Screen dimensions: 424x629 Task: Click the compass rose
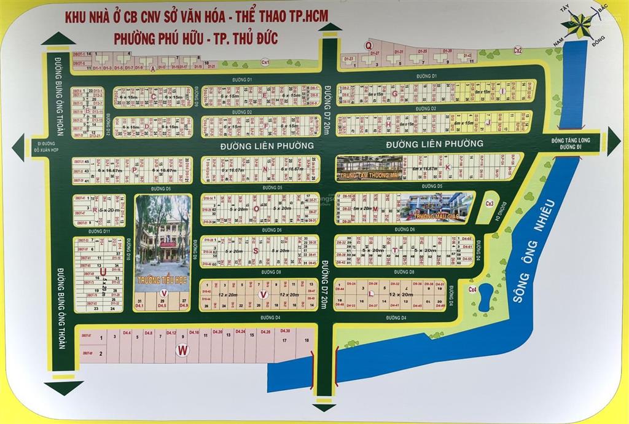point(579,25)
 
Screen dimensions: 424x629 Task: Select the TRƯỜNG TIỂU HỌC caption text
point(162,278)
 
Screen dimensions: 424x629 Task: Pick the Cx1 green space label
point(265,62)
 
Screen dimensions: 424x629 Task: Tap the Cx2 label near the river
point(518,51)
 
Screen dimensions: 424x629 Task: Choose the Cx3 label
point(490,203)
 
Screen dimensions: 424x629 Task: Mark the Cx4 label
point(472,289)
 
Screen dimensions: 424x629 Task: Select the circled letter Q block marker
point(369,45)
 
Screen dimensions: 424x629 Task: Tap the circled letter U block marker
point(103,271)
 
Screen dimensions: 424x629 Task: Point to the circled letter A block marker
point(152,69)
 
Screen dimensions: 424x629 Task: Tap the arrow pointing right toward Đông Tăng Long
point(614,136)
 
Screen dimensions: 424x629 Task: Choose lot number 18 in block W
point(306,340)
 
